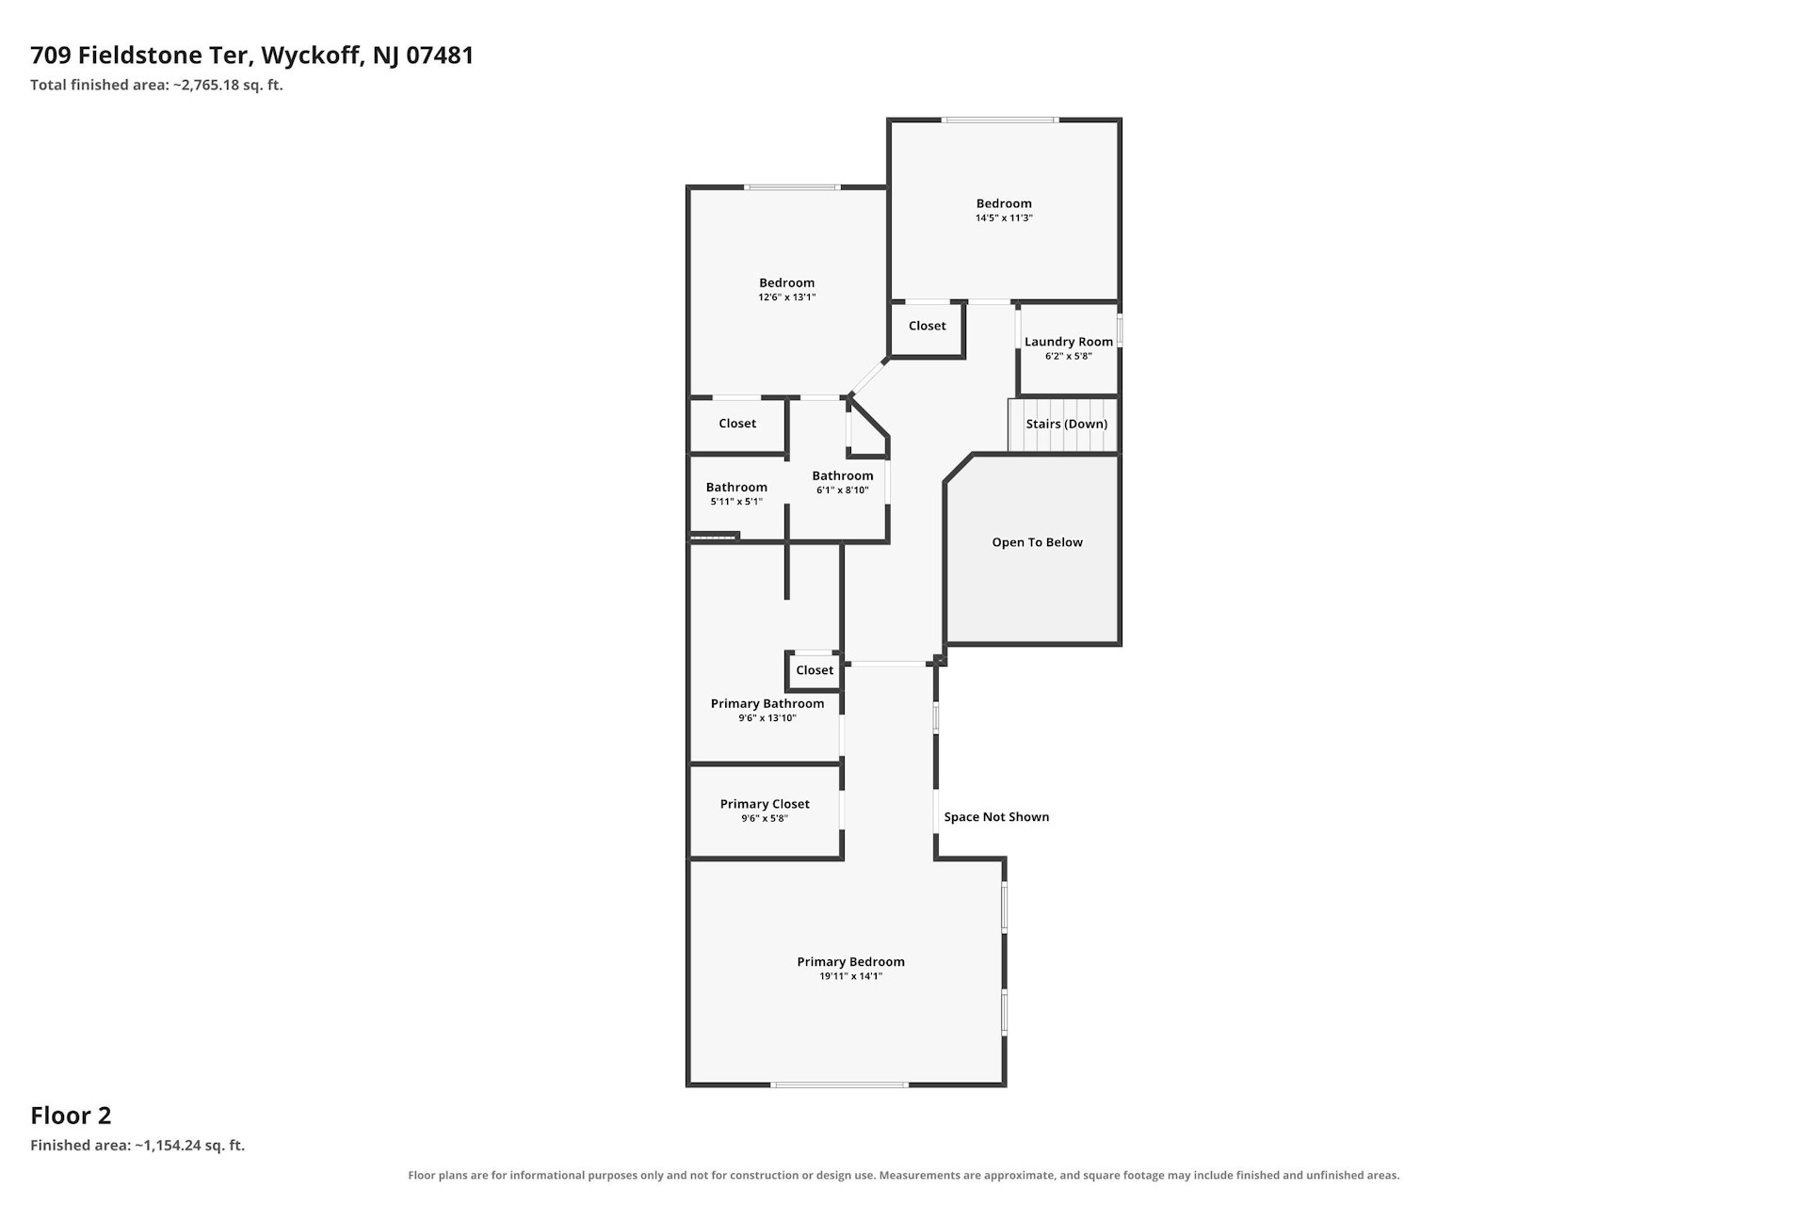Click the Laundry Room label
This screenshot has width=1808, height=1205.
tap(1069, 342)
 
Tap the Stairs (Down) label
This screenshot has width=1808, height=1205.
tap(1067, 424)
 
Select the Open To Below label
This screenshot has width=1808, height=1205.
tap(1037, 542)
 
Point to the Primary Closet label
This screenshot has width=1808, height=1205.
tap(765, 804)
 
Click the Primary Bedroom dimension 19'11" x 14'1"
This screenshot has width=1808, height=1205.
tap(851, 976)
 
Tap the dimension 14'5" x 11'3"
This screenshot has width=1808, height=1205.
tap(1004, 217)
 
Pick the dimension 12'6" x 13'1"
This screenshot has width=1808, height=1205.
tap(787, 297)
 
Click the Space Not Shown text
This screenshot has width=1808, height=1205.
tap(996, 817)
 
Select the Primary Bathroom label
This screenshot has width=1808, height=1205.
tap(767, 704)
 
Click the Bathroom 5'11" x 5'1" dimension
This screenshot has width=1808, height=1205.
tap(736, 502)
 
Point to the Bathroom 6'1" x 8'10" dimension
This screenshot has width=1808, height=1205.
tap(843, 490)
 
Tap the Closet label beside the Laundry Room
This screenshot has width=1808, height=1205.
tap(928, 326)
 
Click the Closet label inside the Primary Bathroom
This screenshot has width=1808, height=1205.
tap(815, 670)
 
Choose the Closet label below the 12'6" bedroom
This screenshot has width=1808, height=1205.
tap(737, 424)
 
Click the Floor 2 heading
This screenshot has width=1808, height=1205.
tap(71, 1116)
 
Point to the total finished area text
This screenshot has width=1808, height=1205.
tap(156, 85)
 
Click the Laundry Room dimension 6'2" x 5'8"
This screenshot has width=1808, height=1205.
tap(1069, 356)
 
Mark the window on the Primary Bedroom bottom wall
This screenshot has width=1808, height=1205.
tap(840, 1085)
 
